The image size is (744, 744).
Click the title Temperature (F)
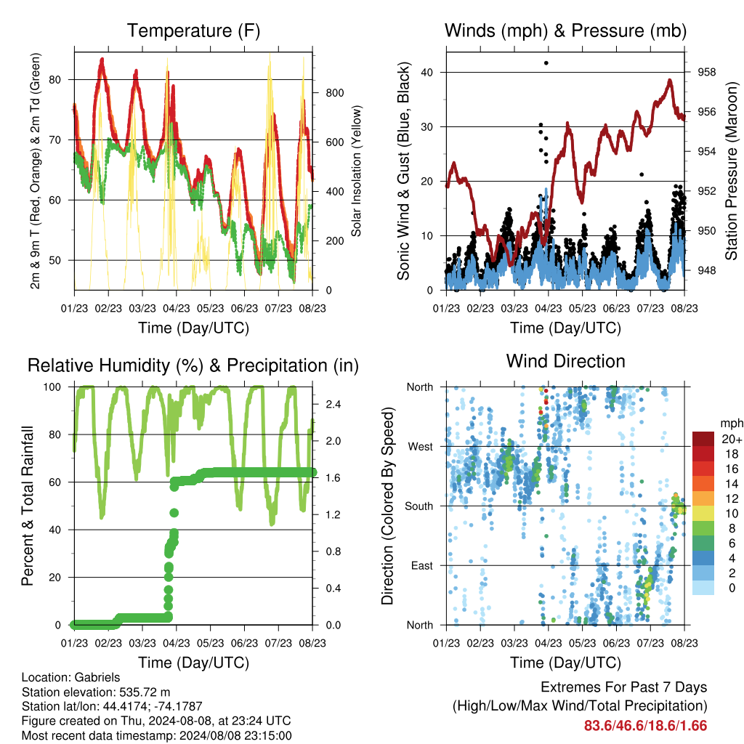[193, 31]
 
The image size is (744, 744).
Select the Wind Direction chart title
[565, 362]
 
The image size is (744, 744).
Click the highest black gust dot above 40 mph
[546, 62]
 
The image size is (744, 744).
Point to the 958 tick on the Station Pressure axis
[706, 72]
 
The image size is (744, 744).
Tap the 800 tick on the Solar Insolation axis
[334, 93]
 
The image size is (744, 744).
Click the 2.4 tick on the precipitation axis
[333, 405]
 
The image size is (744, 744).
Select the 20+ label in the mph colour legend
[732, 440]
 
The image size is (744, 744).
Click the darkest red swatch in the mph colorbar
[703, 439]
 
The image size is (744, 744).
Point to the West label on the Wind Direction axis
[421, 447]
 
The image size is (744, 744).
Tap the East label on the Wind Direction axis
[422, 565]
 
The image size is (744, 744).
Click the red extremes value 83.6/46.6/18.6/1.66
[645, 726]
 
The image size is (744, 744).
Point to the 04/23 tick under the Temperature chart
[177, 308]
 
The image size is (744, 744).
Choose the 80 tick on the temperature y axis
[55, 80]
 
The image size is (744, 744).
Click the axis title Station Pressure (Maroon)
[731, 171]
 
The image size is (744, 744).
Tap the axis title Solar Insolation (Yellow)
[356, 171]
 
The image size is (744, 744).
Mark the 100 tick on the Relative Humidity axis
[52, 387]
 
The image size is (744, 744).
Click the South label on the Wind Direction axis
[419, 506]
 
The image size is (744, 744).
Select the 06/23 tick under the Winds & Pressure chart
[616, 308]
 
